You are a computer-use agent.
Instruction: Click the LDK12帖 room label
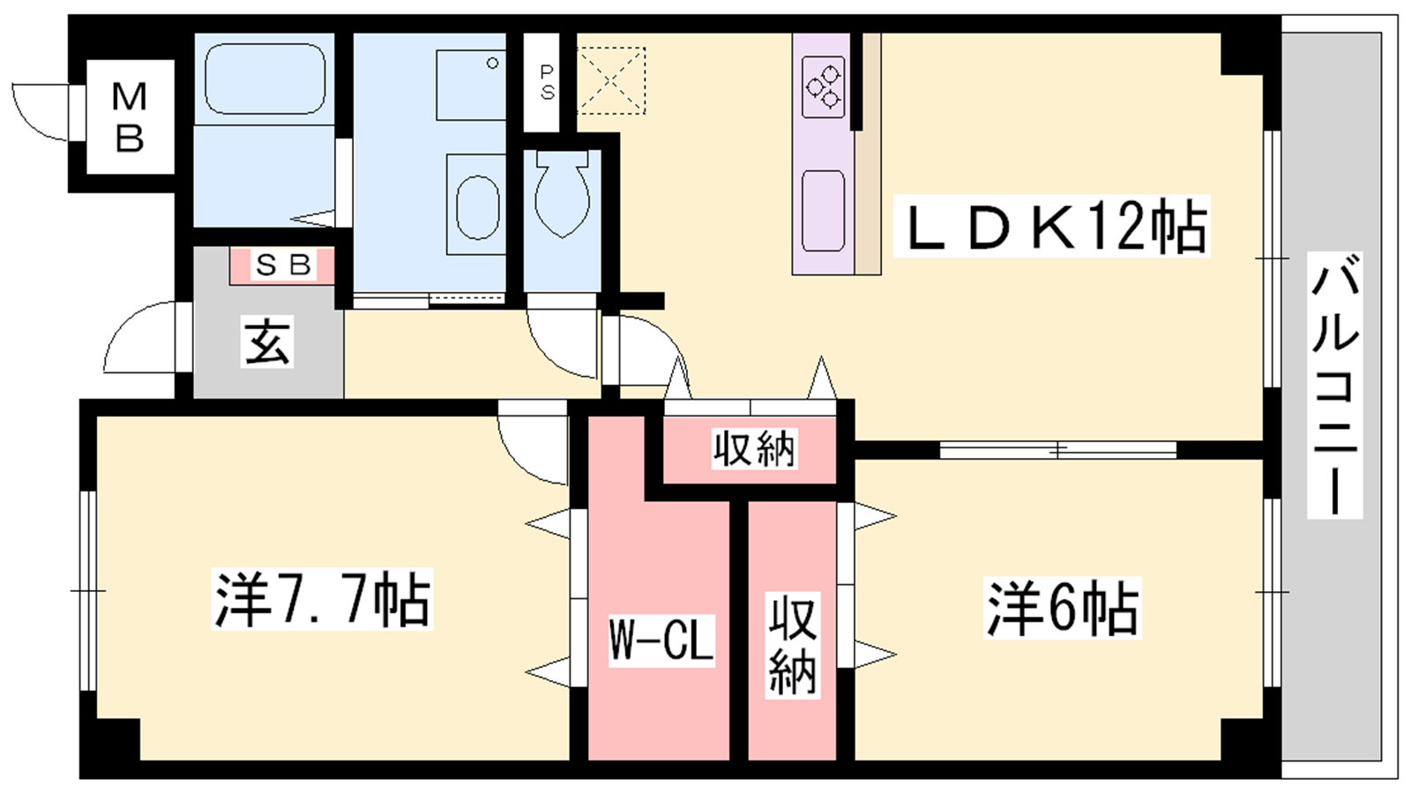[x=1051, y=226]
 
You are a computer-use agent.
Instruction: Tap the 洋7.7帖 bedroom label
[x=322, y=599]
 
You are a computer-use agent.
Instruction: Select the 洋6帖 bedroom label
[x=1063, y=608]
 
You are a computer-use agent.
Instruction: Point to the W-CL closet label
[x=661, y=639]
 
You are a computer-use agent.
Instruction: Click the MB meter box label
[x=130, y=117]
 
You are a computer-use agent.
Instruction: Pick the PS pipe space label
[x=547, y=83]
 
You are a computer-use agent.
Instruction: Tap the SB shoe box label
[x=283, y=265]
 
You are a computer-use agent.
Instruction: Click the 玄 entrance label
[x=267, y=344]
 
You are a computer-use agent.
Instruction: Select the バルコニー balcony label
[x=1335, y=385]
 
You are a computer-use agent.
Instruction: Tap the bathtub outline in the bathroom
[x=265, y=79]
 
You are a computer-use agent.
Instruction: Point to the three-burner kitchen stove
[x=824, y=87]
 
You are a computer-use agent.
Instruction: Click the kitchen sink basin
[x=824, y=211]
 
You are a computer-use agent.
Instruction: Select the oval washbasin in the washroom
[x=477, y=207]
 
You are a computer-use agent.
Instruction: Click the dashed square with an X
[x=612, y=80]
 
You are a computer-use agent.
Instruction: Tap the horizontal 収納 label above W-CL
[x=755, y=449]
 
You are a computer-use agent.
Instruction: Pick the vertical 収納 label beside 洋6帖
[x=793, y=645]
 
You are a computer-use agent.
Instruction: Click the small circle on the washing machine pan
[x=493, y=63]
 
